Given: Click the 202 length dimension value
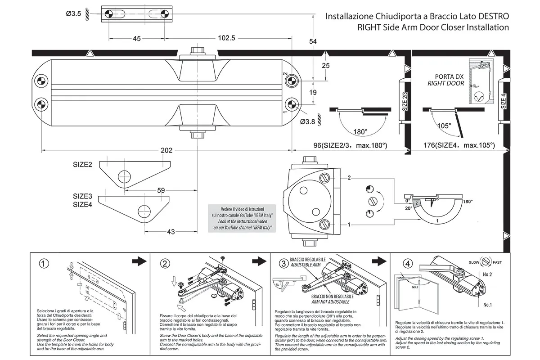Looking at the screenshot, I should point(166,150).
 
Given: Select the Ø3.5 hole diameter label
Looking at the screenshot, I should point(73,14).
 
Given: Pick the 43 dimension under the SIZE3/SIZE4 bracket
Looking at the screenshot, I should point(171,232).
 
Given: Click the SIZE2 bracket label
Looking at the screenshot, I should point(83,165).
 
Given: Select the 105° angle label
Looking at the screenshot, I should point(444,126).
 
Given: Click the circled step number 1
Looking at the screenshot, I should point(43,264).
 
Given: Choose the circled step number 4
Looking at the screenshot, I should point(408,264).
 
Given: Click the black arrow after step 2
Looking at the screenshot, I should point(258,261).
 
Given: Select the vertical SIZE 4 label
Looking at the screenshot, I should point(504,101).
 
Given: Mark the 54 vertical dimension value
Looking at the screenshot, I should point(313,41).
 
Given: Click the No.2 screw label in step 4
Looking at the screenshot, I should point(487,274).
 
